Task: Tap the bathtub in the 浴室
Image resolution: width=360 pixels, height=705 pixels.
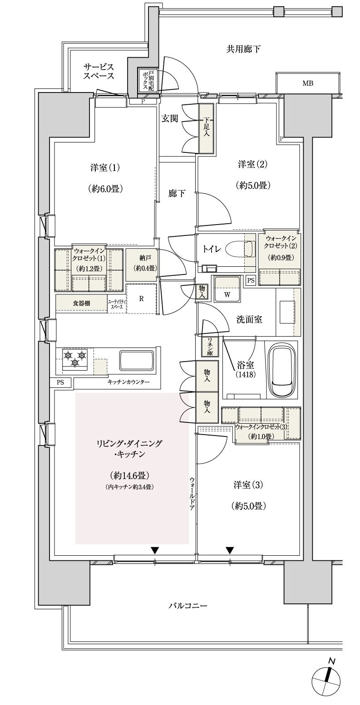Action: (282, 370)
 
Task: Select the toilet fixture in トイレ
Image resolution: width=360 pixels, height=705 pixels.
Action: (240, 250)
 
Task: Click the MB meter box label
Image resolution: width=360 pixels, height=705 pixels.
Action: (308, 83)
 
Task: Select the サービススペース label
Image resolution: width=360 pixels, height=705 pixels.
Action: (98, 71)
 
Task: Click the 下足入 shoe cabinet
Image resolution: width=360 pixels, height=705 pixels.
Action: (206, 128)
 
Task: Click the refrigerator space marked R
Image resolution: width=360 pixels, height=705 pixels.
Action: (142, 299)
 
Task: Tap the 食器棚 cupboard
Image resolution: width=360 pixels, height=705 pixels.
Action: (81, 304)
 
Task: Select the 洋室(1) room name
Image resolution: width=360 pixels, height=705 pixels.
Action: (104, 168)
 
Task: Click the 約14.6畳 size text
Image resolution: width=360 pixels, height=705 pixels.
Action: (130, 475)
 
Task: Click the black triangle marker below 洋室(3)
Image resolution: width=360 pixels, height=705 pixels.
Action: (230, 550)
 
